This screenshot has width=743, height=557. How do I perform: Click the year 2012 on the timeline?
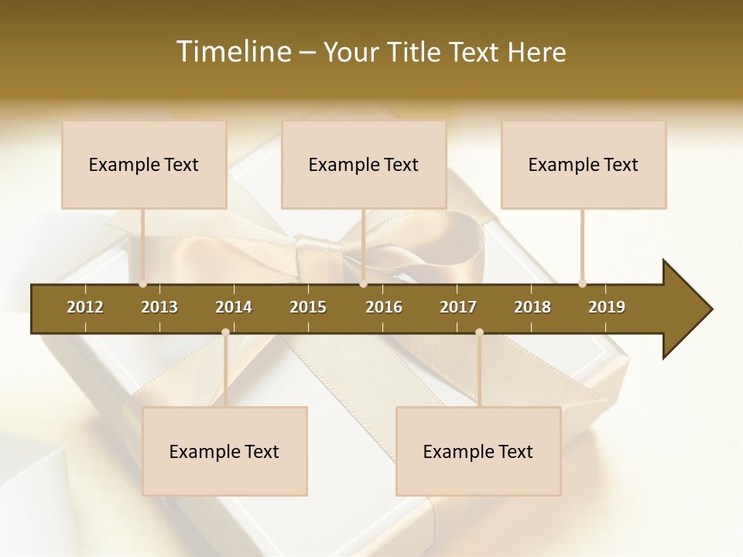[85, 307]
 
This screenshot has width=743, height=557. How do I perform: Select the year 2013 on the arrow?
[159, 307]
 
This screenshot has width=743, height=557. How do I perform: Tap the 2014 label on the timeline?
[234, 307]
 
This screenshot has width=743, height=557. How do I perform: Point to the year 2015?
[308, 307]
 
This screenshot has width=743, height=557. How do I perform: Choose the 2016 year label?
[384, 307]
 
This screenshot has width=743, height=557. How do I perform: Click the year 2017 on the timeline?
[458, 307]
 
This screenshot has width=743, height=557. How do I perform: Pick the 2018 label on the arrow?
[532, 307]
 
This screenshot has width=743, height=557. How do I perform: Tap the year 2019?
[607, 307]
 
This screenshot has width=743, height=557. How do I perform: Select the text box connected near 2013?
[144, 165]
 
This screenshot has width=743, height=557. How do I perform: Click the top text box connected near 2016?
[364, 165]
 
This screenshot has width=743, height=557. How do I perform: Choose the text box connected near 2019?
[584, 165]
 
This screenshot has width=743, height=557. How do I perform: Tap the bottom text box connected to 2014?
[224, 452]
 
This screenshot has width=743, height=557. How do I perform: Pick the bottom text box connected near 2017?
[478, 452]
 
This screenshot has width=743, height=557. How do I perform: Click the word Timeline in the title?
[232, 52]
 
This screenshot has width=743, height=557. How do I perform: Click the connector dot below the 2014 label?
[225, 333]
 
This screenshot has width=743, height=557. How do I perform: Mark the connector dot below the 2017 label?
[479, 333]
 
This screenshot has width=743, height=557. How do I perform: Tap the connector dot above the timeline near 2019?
[582, 284]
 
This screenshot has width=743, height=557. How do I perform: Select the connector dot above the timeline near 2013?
[142, 284]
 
